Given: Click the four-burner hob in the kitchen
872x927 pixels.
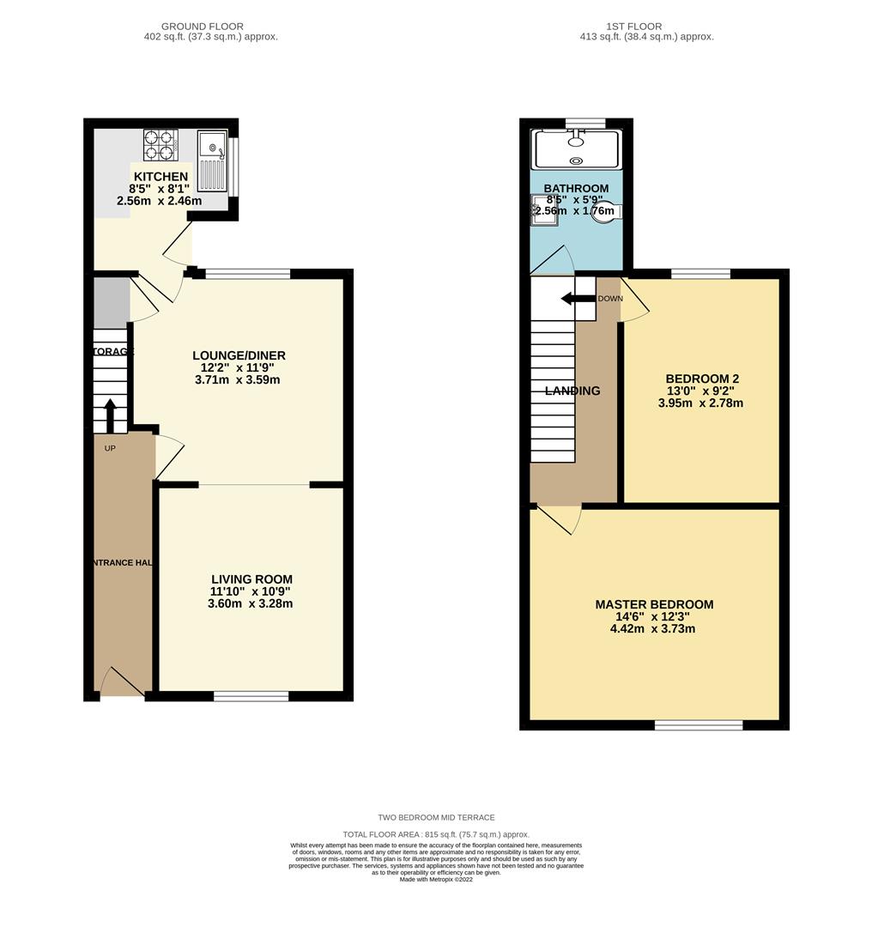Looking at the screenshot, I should click(x=160, y=145).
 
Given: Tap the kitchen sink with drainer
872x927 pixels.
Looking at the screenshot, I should click(x=211, y=161).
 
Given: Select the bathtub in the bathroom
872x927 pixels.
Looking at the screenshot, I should click(x=576, y=149).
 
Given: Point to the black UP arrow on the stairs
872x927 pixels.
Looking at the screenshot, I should click(x=110, y=416).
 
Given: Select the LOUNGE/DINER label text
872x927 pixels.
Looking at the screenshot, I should click(x=239, y=355).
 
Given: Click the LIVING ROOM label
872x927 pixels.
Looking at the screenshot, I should click(x=251, y=579).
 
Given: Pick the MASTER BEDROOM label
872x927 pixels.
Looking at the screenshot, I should click(x=654, y=604).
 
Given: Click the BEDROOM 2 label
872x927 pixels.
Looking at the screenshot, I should click(x=701, y=379).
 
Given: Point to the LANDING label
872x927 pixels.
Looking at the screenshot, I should click(x=572, y=391).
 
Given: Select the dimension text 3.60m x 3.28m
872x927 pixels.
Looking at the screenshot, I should click(x=251, y=603).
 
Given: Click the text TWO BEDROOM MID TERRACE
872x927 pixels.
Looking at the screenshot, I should click(x=436, y=817).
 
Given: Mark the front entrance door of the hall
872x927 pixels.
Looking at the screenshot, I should click(x=123, y=684).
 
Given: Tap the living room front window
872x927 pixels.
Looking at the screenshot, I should click(x=251, y=696).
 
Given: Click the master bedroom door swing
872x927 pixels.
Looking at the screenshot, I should click(x=558, y=518).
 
